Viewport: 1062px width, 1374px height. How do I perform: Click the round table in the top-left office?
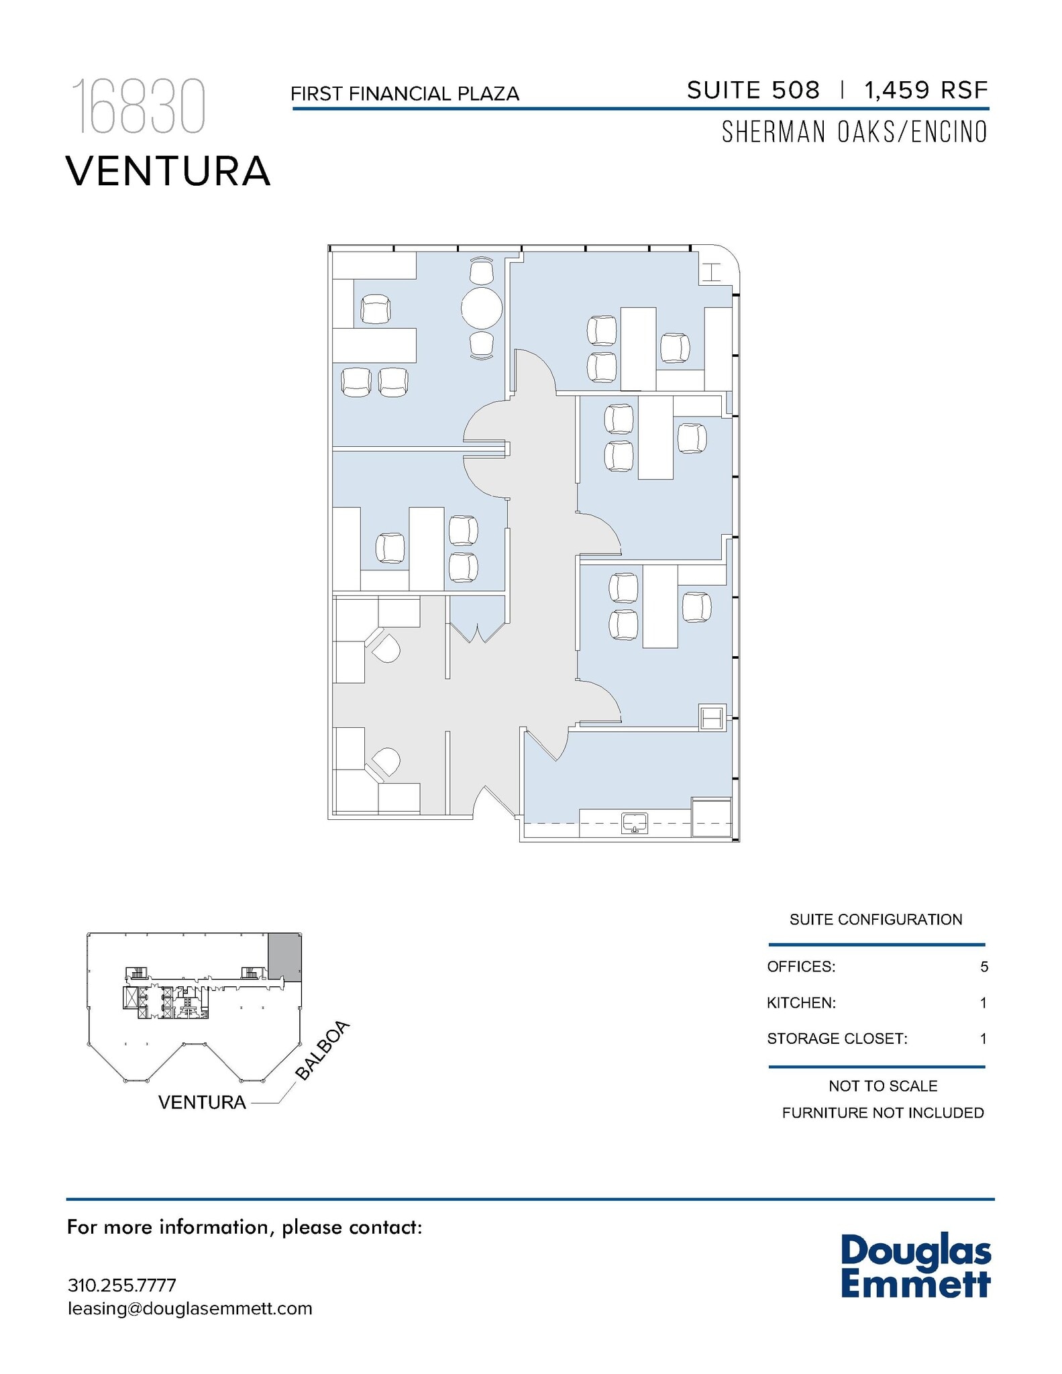click(x=481, y=308)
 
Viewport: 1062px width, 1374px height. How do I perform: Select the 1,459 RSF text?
click(x=926, y=90)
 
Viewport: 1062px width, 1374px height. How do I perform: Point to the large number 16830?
click(x=138, y=107)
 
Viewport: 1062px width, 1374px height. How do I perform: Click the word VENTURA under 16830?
click(x=168, y=171)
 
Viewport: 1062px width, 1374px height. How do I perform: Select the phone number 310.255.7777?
click(x=121, y=1285)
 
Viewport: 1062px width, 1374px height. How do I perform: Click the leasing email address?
click(x=190, y=1308)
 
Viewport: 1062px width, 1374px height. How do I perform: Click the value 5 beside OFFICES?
click(x=984, y=967)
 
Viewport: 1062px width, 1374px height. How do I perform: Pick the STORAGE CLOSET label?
click(x=837, y=1039)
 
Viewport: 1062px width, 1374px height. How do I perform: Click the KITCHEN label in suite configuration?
click(x=801, y=1003)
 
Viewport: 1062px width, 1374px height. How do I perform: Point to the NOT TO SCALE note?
click(x=882, y=1086)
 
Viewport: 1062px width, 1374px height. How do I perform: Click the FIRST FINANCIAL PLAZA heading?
click(x=405, y=94)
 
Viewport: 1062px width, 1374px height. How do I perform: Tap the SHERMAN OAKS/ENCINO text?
click(x=854, y=132)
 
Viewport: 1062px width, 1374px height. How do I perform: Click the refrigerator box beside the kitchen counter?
click(x=711, y=817)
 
